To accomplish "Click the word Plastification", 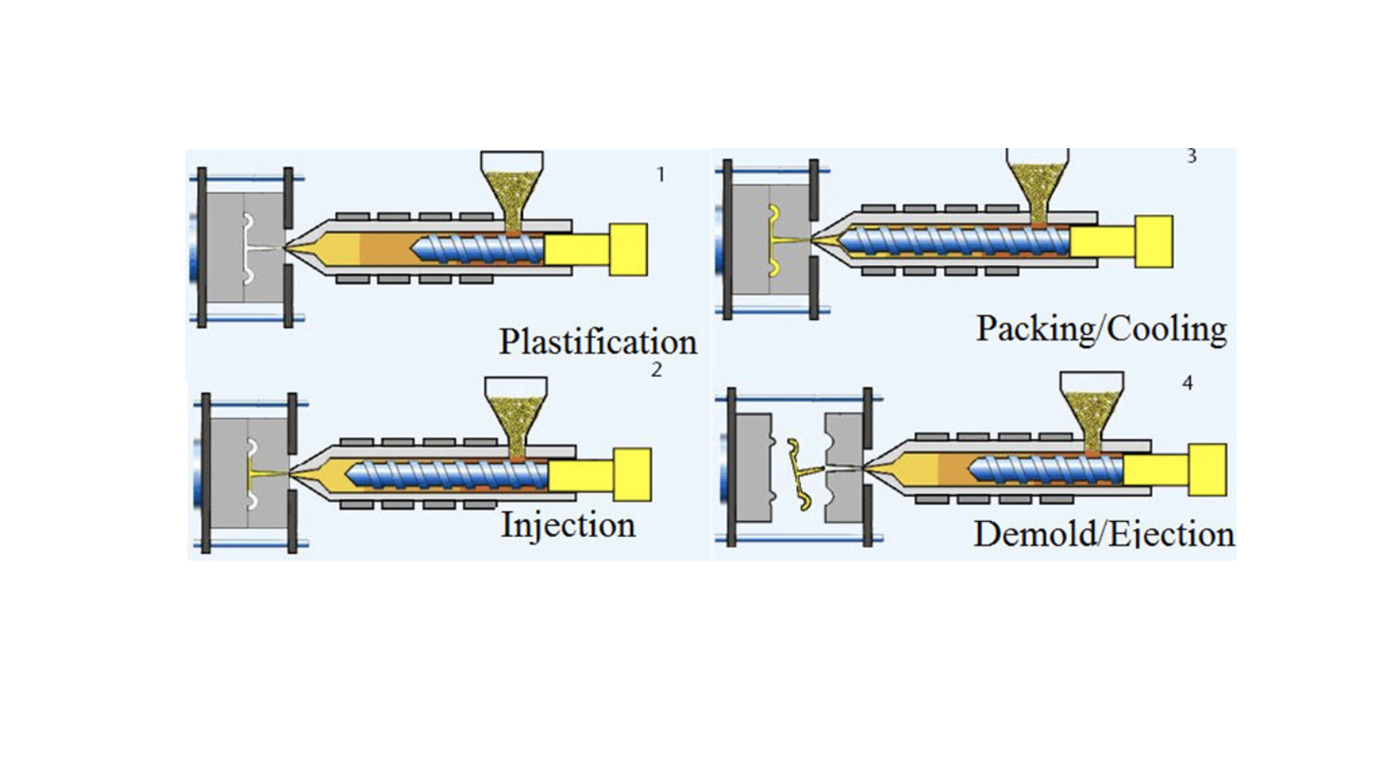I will pyautogui.click(x=597, y=342).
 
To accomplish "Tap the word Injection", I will pyautogui.click(x=568, y=524).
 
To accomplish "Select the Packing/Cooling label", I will pyautogui.click(x=1101, y=328).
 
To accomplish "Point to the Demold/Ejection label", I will pyautogui.click(x=1103, y=534).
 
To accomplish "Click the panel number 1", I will pyautogui.click(x=660, y=174).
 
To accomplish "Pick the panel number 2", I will pyautogui.click(x=656, y=370).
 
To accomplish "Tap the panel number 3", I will pyautogui.click(x=1191, y=156).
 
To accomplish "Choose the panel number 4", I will pyautogui.click(x=1187, y=383).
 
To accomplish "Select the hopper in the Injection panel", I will pyautogui.click(x=516, y=412).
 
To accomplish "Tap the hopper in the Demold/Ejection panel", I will pyautogui.click(x=1091, y=408).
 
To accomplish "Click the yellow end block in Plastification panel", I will pyautogui.click(x=628, y=249).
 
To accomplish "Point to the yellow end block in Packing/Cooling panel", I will pyautogui.click(x=1153, y=242).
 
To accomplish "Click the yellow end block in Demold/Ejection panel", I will pyautogui.click(x=1207, y=470).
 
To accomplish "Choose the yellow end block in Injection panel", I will pyautogui.click(x=632, y=474).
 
